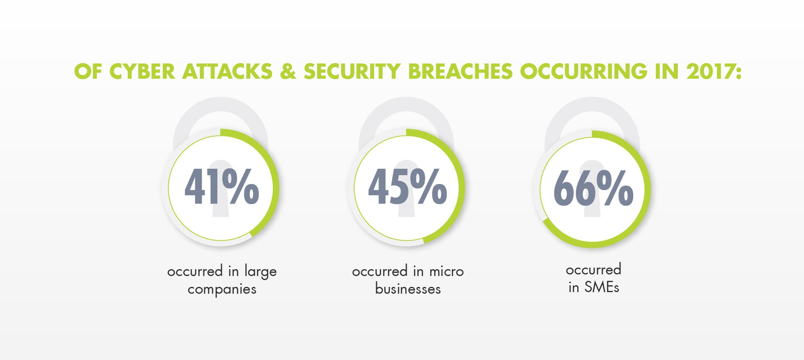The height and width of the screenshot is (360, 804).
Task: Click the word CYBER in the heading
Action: (x=142, y=72)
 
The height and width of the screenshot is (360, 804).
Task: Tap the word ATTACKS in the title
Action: (x=227, y=72)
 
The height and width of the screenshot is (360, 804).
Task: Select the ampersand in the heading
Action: (x=288, y=72)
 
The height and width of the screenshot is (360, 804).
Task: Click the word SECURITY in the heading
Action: (x=352, y=72)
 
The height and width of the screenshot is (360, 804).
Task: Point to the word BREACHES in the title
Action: (x=460, y=72)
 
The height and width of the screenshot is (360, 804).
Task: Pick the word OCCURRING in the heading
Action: (x=583, y=72)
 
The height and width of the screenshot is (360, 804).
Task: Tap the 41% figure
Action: (x=221, y=187)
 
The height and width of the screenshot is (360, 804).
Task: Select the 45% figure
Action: (x=407, y=187)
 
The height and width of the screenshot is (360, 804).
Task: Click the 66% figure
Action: (x=593, y=188)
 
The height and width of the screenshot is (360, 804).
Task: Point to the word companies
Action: (x=222, y=289)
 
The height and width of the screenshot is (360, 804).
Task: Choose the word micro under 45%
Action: (x=446, y=272)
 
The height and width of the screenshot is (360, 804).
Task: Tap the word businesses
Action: (x=408, y=289)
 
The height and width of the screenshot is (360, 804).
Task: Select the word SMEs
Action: (x=601, y=287)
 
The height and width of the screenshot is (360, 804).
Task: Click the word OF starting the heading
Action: (x=88, y=72)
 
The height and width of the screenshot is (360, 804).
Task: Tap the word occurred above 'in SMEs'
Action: (x=593, y=270)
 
